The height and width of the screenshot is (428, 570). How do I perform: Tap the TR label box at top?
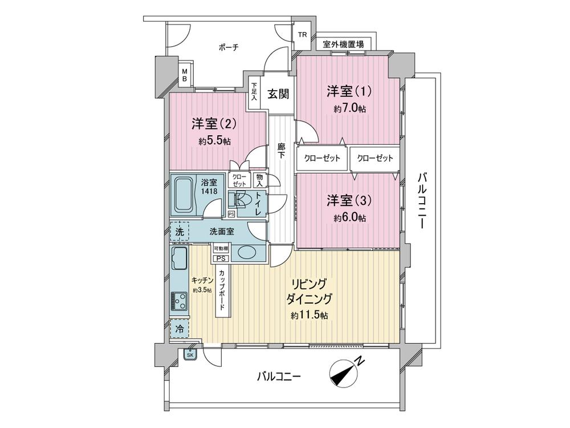tap(302, 35)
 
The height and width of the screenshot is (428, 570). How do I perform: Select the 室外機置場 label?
tap(344, 44)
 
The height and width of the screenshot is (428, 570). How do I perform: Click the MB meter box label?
tap(184, 74)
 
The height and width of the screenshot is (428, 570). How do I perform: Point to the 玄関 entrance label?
tap(278, 94)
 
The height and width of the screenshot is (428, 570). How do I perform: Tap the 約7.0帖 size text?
tap(350, 108)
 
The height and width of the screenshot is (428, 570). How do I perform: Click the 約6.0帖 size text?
tap(350, 218)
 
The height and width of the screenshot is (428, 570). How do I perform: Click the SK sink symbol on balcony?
tap(189, 354)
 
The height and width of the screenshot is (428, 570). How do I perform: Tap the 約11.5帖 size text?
tap(308, 316)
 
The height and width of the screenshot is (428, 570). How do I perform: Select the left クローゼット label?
tap(322, 158)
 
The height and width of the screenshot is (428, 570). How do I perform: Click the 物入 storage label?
tap(260, 180)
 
